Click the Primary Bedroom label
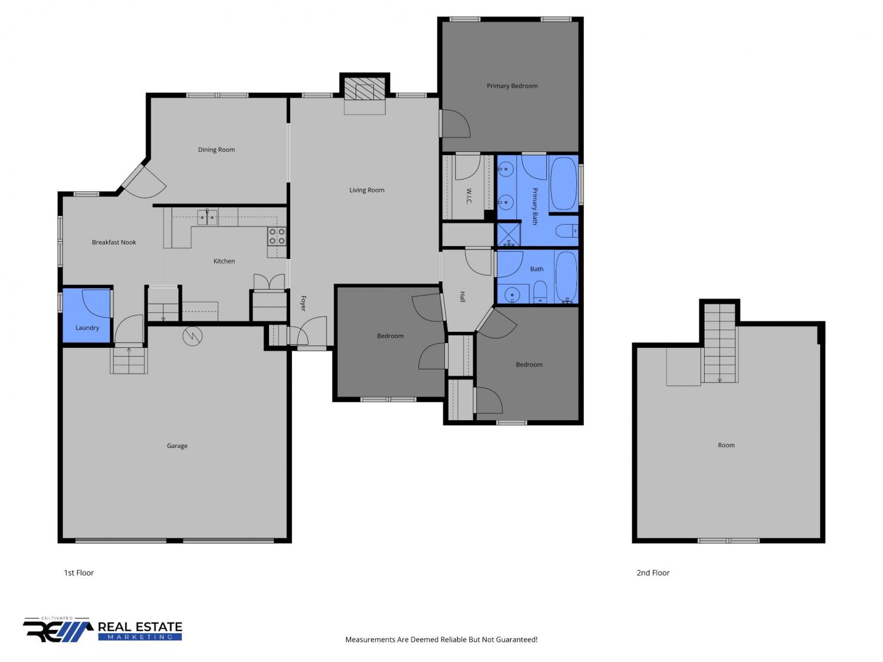coord(512,85)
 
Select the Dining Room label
coord(216,149)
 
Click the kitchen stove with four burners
coord(277,236)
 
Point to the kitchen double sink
coord(207,217)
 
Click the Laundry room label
coord(87,328)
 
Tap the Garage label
coord(177,445)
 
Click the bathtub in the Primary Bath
coord(563,183)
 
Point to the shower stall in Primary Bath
coord(509,234)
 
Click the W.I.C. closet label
coord(469,196)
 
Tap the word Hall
coord(462,297)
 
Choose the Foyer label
coord(303,303)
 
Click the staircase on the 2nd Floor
coord(719,343)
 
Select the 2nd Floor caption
coord(652,573)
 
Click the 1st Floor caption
coord(78,573)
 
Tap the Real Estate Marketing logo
coord(102,630)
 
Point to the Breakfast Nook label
coord(114,242)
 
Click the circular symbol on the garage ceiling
coord(192,336)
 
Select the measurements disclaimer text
coord(441,639)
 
